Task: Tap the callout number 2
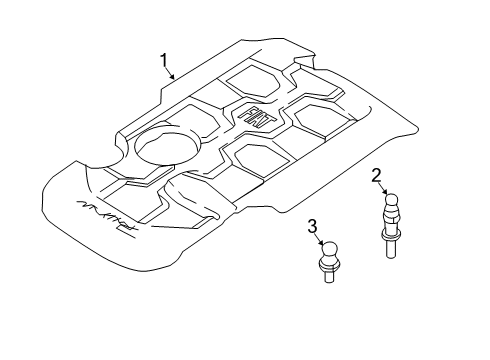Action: pyautogui.click(x=377, y=178)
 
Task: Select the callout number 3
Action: pyautogui.click(x=313, y=225)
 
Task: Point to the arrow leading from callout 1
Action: pyautogui.click(x=172, y=72)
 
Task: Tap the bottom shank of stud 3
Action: pyautogui.click(x=330, y=279)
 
